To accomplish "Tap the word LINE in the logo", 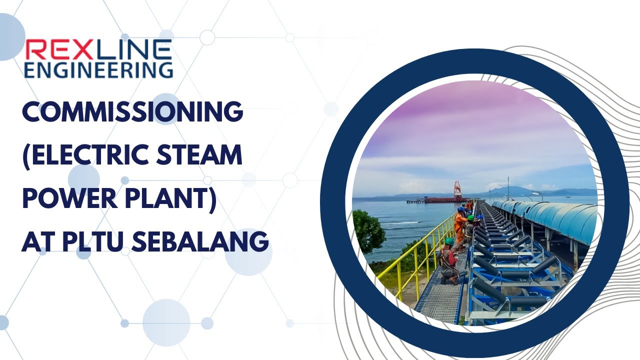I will [x=131, y=50].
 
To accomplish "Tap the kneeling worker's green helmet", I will [x=449, y=241].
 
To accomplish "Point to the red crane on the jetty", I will [x=457, y=190].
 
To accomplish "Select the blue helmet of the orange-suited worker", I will [x=460, y=209].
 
